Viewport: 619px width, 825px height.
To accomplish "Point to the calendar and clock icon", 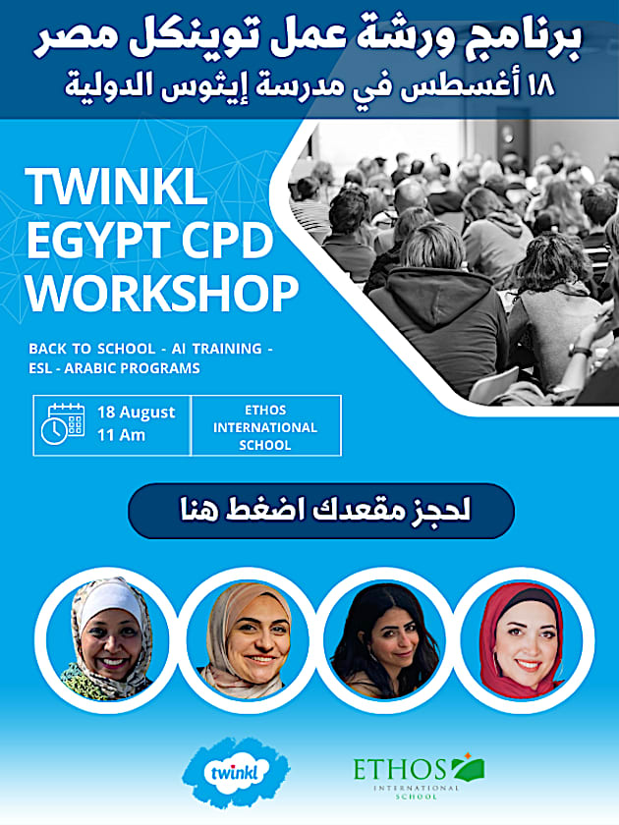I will pyautogui.click(x=62, y=424).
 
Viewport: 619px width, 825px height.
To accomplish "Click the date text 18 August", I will pyautogui.click(x=136, y=412).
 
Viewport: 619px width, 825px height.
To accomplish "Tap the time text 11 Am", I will pyautogui.click(x=122, y=434).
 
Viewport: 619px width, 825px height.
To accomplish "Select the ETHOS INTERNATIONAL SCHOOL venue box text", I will pyautogui.click(x=265, y=427).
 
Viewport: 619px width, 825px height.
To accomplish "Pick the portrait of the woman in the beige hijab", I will pyautogui.click(x=247, y=639).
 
